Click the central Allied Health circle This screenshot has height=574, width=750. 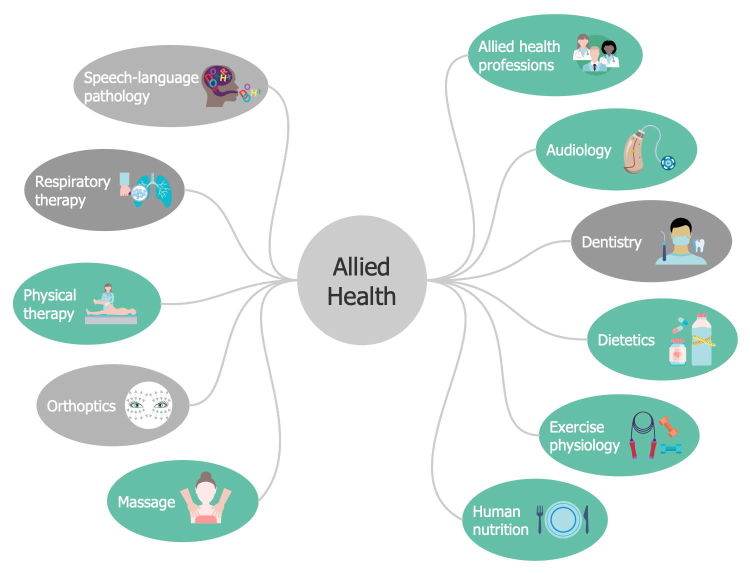click(361, 280)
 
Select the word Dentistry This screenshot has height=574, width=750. click(611, 242)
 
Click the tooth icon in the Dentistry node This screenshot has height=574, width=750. click(699, 245)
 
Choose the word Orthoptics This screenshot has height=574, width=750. click(81, 406)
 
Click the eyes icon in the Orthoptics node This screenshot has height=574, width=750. click(148, 405)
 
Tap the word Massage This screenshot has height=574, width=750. click(146, 502)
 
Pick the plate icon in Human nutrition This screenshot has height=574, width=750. click(563, 520)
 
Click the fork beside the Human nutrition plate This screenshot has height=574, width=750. click(539, 518)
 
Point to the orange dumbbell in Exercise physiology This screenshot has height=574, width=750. click(668, 426)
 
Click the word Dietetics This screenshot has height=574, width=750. click(626, 340)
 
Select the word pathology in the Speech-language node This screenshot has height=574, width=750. click(116, 96)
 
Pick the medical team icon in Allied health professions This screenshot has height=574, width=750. click(596, 55)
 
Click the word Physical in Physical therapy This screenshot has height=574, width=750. click(49, 295)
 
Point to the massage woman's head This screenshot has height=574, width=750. click(205, 487)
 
